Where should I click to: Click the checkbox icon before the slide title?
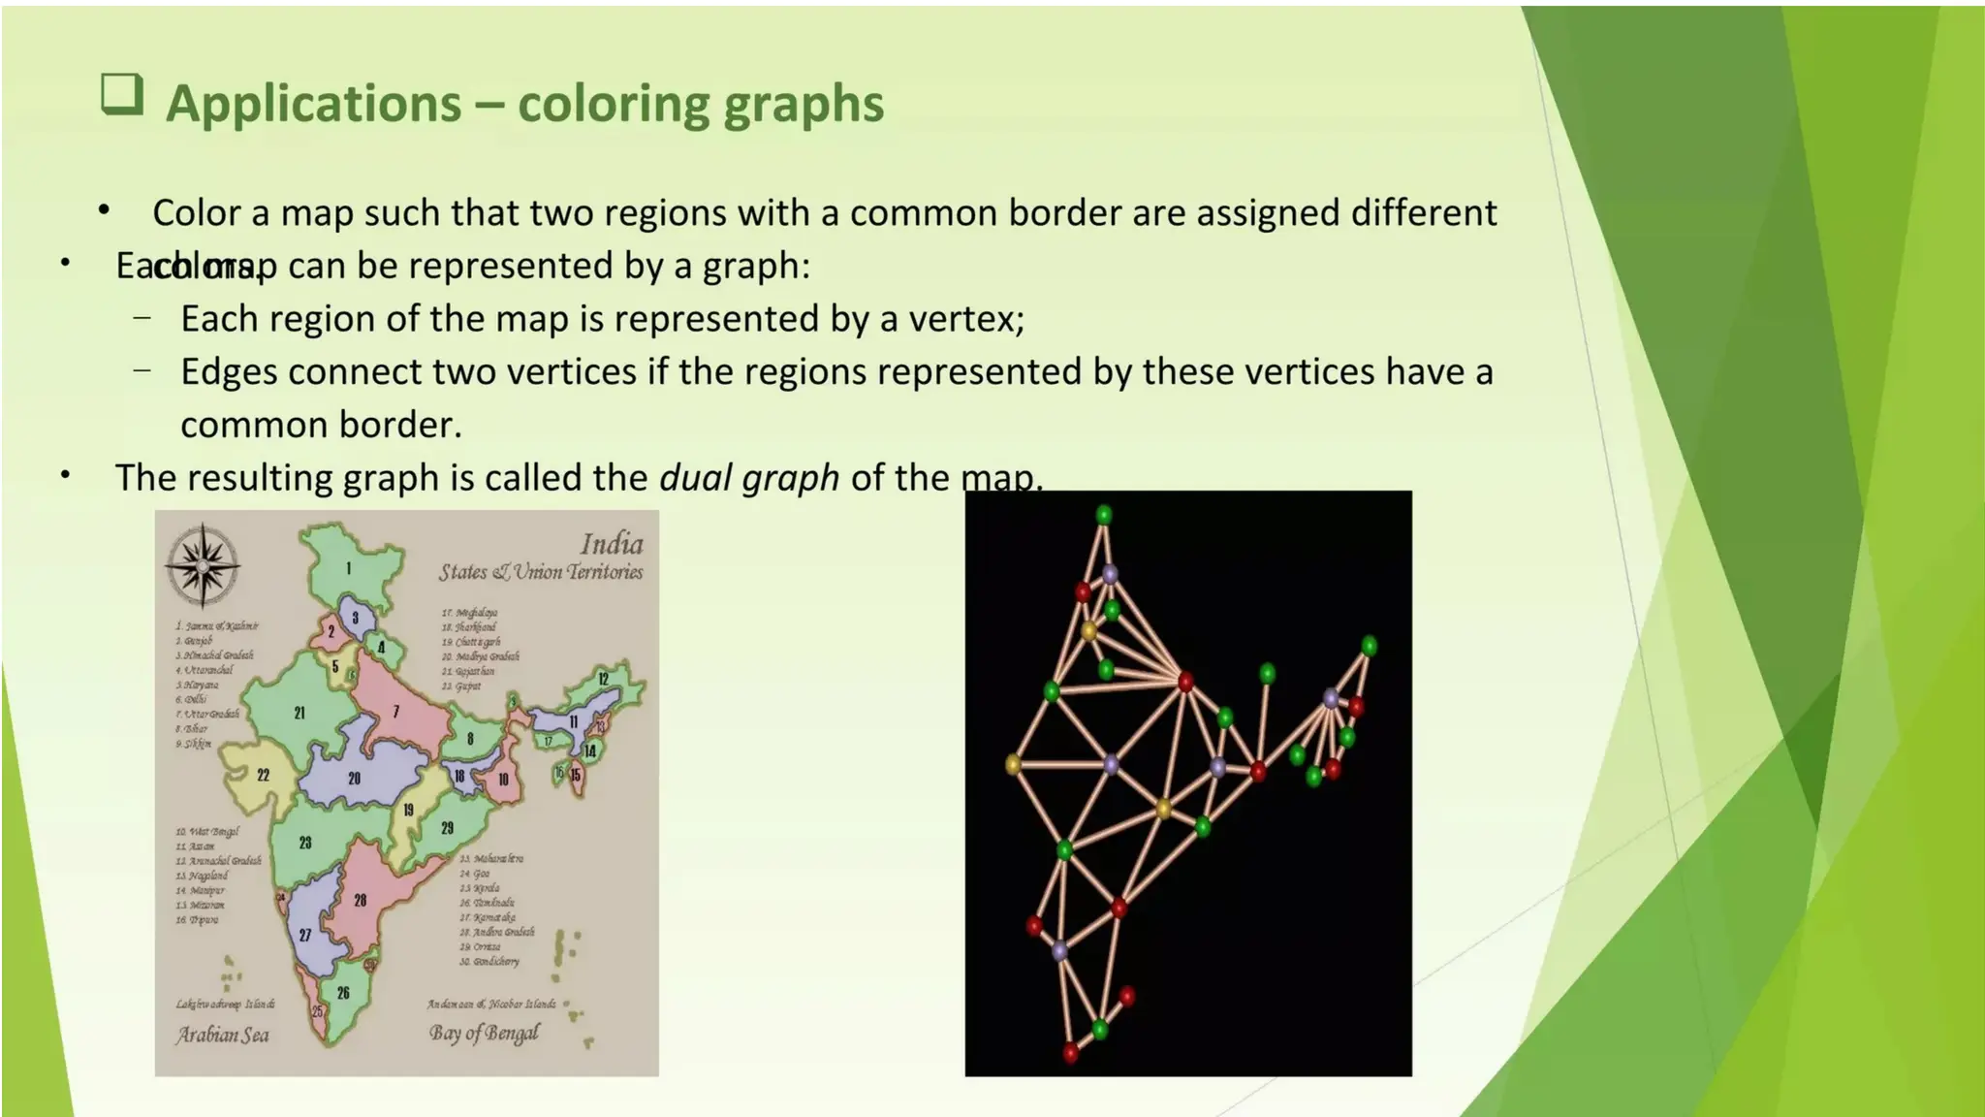click(x=122, y=95)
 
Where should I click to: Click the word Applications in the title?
click(x=313, y=104)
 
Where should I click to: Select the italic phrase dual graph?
click(x=749, y=478)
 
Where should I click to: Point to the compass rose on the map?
click(x=203, y=566)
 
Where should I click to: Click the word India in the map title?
click(x=612, y=544)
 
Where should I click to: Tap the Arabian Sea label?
click(x=222, y=1036)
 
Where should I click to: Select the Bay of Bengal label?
click(x=484, y=1034)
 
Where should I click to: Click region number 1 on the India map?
click(x=349, y=569)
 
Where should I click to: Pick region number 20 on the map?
click(x=355, y=779)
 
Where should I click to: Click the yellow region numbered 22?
click(x=263, y=776)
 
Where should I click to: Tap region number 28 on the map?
click(x=361, y=901)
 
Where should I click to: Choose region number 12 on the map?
click(x=603, y=680)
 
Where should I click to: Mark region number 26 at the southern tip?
click(x=343, y=994)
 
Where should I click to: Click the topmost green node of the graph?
click(x=1104, y=514)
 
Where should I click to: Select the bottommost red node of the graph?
click(x=1071, y=1051)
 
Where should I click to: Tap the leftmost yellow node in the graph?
click(x=1014, y=765)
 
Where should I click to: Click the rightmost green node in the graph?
click(x=1369, y=645)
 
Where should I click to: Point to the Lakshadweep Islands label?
click(x=225, y=1005)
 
